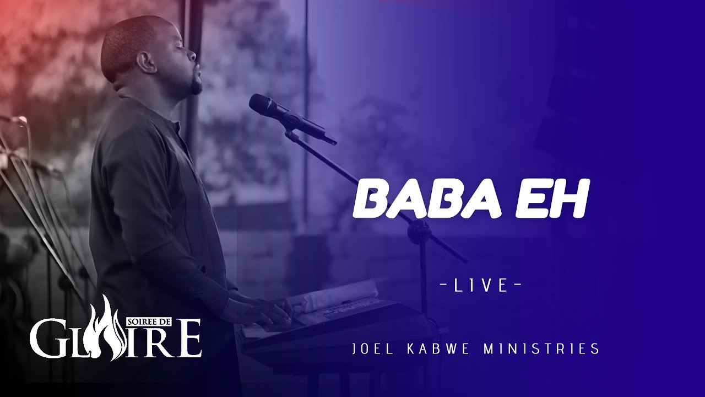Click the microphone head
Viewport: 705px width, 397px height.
262,104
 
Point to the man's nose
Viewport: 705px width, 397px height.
192,56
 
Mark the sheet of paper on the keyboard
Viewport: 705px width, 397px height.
330,295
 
